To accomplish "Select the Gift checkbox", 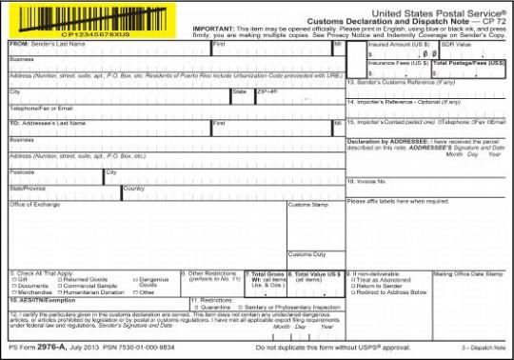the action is click(x=12, y=278).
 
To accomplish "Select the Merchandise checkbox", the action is click(x=12, y=291).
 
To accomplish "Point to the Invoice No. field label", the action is click(x=367, y=180).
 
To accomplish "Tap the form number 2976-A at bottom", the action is click(x=48, y=351).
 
